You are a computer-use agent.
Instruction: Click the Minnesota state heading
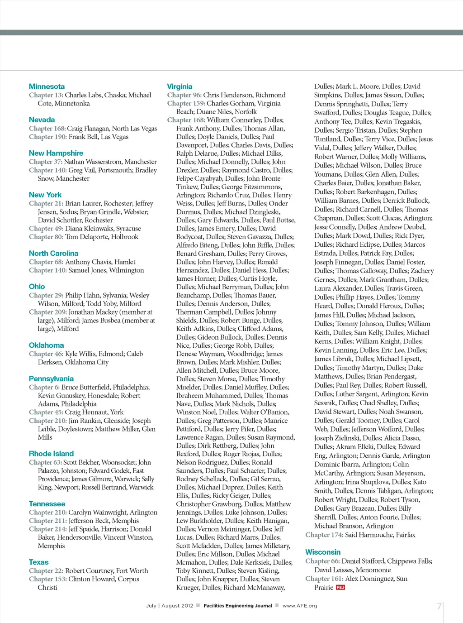tap(47, 86)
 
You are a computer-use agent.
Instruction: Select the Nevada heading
tap(42, 120)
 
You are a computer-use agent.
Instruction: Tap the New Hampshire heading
tap(56, 153)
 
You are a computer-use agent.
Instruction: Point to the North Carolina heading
tap(53, 254)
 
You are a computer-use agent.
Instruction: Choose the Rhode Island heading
tap(51, 454)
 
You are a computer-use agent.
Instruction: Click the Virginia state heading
tap(180, 86)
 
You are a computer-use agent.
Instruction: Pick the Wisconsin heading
tap(323, 552)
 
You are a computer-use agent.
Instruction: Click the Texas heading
tap(38, 562)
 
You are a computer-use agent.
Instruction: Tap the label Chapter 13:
tap(46, 95)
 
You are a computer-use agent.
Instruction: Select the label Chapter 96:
tap(184, 95)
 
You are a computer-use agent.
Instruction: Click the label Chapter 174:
tap(324, 535)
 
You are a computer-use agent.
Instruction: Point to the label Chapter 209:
tap(47, 312)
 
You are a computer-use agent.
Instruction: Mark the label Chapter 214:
tap(47, 529)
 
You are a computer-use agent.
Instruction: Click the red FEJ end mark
tap(340, 588)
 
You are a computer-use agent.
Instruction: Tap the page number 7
tap(439, 606)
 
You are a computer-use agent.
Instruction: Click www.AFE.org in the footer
tap(300, 606)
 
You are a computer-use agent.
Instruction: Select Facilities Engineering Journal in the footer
tap(238, 606)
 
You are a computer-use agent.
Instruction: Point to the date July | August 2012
tap(170, 606)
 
